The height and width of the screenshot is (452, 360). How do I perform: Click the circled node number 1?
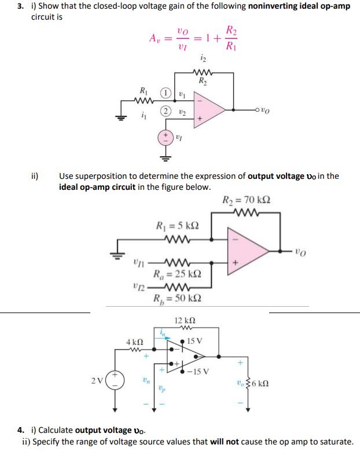[166, 93]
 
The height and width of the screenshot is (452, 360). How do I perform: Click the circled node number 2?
[166, 111]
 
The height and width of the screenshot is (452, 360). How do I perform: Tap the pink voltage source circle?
[166, 138]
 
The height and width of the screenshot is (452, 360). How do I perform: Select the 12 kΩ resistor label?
[185, 320]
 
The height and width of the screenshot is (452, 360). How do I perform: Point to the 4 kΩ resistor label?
[135, 342]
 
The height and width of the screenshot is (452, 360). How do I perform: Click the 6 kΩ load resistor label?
[260, 383]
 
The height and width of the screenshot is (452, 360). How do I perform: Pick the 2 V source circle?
[115, 380]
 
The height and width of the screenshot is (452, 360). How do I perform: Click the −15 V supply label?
[198, 372]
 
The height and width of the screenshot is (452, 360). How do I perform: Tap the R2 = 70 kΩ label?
[246, 200]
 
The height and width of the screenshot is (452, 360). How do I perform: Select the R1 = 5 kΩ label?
[177, 225]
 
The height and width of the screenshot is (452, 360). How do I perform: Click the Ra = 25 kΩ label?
[177, 274]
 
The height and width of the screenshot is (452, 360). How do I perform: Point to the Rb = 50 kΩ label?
[177, 299]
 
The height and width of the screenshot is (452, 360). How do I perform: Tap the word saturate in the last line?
[337, 442]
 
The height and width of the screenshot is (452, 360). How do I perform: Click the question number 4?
[20, 430]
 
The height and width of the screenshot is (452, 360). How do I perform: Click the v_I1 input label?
[139, 263]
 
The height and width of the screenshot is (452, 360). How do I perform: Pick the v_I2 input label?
[139, 287]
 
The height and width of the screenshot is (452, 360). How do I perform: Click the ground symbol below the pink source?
[166, 158]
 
